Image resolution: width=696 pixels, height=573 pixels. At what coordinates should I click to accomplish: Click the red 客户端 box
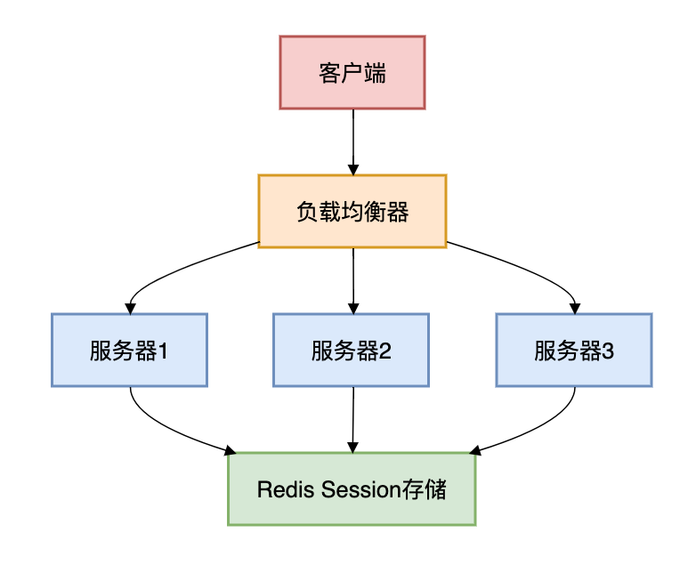[x=352, y=73]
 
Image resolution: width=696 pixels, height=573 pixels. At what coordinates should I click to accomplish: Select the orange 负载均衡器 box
[x=352, y=212]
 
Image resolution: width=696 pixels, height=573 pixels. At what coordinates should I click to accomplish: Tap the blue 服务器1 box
[x=129, y=350]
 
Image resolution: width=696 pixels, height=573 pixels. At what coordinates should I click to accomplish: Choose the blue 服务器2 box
[x=352, y=350]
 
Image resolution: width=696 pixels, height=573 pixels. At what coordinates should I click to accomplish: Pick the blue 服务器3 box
[x=574, y=350]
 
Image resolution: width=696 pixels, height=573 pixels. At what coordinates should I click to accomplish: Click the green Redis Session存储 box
[x=352, y=488]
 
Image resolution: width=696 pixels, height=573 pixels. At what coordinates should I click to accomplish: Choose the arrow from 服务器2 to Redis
[x=353, y=418]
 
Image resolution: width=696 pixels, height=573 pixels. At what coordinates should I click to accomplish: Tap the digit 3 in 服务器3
[x=609, y=351]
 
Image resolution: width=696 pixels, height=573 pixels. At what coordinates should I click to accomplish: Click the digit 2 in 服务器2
[x=386, y=351]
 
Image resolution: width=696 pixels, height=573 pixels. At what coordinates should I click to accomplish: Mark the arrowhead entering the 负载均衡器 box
[x=353, y=168]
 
